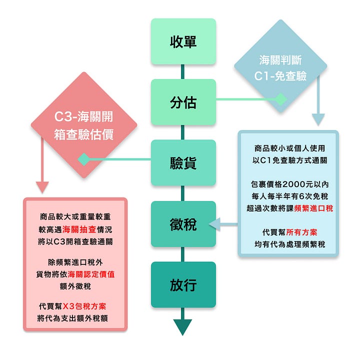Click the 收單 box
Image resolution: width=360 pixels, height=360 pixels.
click(x=183, y=41)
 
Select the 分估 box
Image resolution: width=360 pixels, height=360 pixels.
click(x=183, y=102)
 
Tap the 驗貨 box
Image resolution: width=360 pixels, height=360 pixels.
click(x=183, y=163)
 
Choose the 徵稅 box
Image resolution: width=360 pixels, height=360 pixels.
click(x=183, y=224)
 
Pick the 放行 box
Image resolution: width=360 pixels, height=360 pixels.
click(x=183, y=284)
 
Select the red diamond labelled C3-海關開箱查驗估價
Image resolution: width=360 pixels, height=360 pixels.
click(x=83, y=125)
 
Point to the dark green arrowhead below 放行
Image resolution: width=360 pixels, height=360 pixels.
click(x=183, y=327)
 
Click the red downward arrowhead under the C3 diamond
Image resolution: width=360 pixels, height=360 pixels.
click(x=42, y=187)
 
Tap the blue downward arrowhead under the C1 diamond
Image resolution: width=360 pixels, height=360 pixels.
click(x=318, y=119)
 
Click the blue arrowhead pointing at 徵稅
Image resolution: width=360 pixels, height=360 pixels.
click(x=214, y=224)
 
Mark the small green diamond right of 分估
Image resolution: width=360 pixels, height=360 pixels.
click(x=280, y=99)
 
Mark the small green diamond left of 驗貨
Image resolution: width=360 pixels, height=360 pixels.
click(x=83, y=159)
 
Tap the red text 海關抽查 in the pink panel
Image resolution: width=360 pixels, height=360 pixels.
click(x=78, y=229)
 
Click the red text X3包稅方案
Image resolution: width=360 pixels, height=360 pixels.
click(x=88, y=306)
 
